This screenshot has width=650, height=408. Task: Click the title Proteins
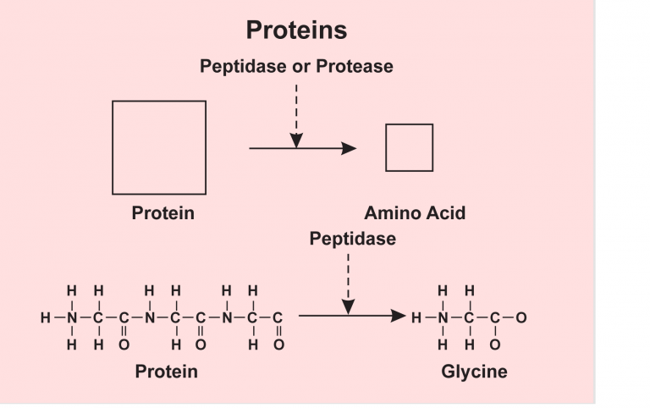point(296,30)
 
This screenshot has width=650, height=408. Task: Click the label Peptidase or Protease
point(296,66)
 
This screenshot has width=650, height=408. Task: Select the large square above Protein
point(159,147)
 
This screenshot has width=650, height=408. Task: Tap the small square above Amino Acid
point(409,147)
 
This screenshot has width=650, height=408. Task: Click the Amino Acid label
point(415,212)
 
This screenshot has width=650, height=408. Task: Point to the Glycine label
point(474,372)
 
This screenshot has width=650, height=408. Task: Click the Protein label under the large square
point(162,212)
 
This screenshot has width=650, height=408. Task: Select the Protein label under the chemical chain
point(166,372)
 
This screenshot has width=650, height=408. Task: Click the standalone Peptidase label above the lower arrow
point(352,239)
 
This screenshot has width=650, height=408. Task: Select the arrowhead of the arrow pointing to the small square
point(349,148)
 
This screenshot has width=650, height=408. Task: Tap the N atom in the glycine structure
point(443,317)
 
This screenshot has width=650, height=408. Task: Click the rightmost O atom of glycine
point(521,317)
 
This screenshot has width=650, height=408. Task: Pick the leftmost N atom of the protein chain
point(72,318)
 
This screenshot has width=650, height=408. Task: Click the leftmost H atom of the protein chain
point(45,318)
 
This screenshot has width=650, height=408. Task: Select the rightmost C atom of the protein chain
point(278,318)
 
